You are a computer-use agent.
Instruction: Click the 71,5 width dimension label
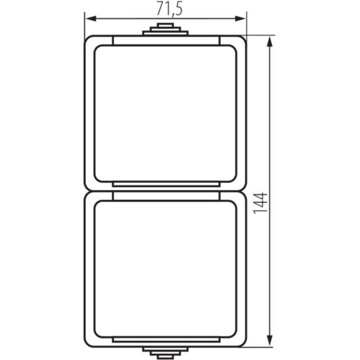pyautogui.click(x=169, y=9)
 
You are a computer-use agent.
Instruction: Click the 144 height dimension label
pyautogui.click(x=260, y=203)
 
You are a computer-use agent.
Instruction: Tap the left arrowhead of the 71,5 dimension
pyautogui.click(x=90, y=18)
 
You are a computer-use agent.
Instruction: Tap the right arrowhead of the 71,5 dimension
pyautogui.click(x=240, y=18)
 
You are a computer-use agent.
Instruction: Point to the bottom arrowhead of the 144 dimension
pyautogui.click(x=269, y=341)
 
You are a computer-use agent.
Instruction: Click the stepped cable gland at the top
pyautogui.click(x=165, y=30)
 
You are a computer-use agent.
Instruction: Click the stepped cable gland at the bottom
pyautogui.click(x=165, y=352)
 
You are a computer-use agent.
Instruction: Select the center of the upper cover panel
pyautogui.click(x=165, y=113)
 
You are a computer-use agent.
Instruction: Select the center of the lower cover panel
pyautogui.click(x=165, y=269)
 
